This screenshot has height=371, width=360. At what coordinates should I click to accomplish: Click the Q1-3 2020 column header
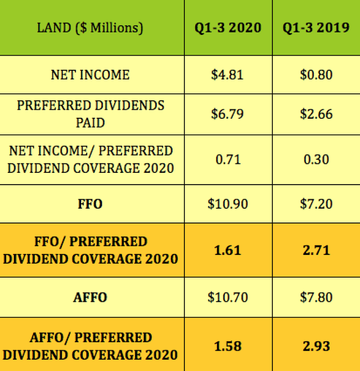click(x=228, y=27)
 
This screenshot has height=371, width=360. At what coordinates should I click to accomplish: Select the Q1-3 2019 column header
click(x=316, y=27)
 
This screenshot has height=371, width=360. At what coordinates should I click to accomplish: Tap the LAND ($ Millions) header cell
click(x=90, y=27)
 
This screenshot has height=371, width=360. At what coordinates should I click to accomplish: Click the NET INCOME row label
click(x=90, y=75)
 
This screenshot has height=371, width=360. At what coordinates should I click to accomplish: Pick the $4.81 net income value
click(x=228, y=75)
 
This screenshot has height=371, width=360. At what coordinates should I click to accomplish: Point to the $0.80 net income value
click(x=316, y=75)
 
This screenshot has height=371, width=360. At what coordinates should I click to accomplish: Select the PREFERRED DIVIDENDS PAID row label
click(x=90, y=114)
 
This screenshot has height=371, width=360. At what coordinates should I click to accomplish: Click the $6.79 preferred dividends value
click(x=228, y=114)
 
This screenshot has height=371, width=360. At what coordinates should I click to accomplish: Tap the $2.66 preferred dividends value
click(x=316, y=114)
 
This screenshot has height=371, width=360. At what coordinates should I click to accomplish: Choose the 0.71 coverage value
click(x=228, y=159)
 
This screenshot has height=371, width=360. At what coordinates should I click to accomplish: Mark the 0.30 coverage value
click(x=316, y=159)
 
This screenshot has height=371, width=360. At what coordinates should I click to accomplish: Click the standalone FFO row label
click(x=90, y=204)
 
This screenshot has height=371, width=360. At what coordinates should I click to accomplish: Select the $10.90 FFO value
click(x=228, y=204)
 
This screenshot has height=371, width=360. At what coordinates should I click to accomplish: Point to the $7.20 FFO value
click(x=316, y=204)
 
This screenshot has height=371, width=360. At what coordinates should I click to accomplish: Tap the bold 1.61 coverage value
click(x=228, y=250)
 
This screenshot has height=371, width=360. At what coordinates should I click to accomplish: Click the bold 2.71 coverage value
click(x=316, y=250)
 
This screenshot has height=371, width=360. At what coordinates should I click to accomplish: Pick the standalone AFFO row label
click(x=90, y=297)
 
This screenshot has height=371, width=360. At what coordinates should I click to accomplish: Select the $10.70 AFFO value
click(x=228, y=297)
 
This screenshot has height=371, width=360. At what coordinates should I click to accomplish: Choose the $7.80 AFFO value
click(x=316, y=297)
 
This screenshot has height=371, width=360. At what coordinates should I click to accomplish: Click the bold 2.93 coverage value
click(x=316, y=345)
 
